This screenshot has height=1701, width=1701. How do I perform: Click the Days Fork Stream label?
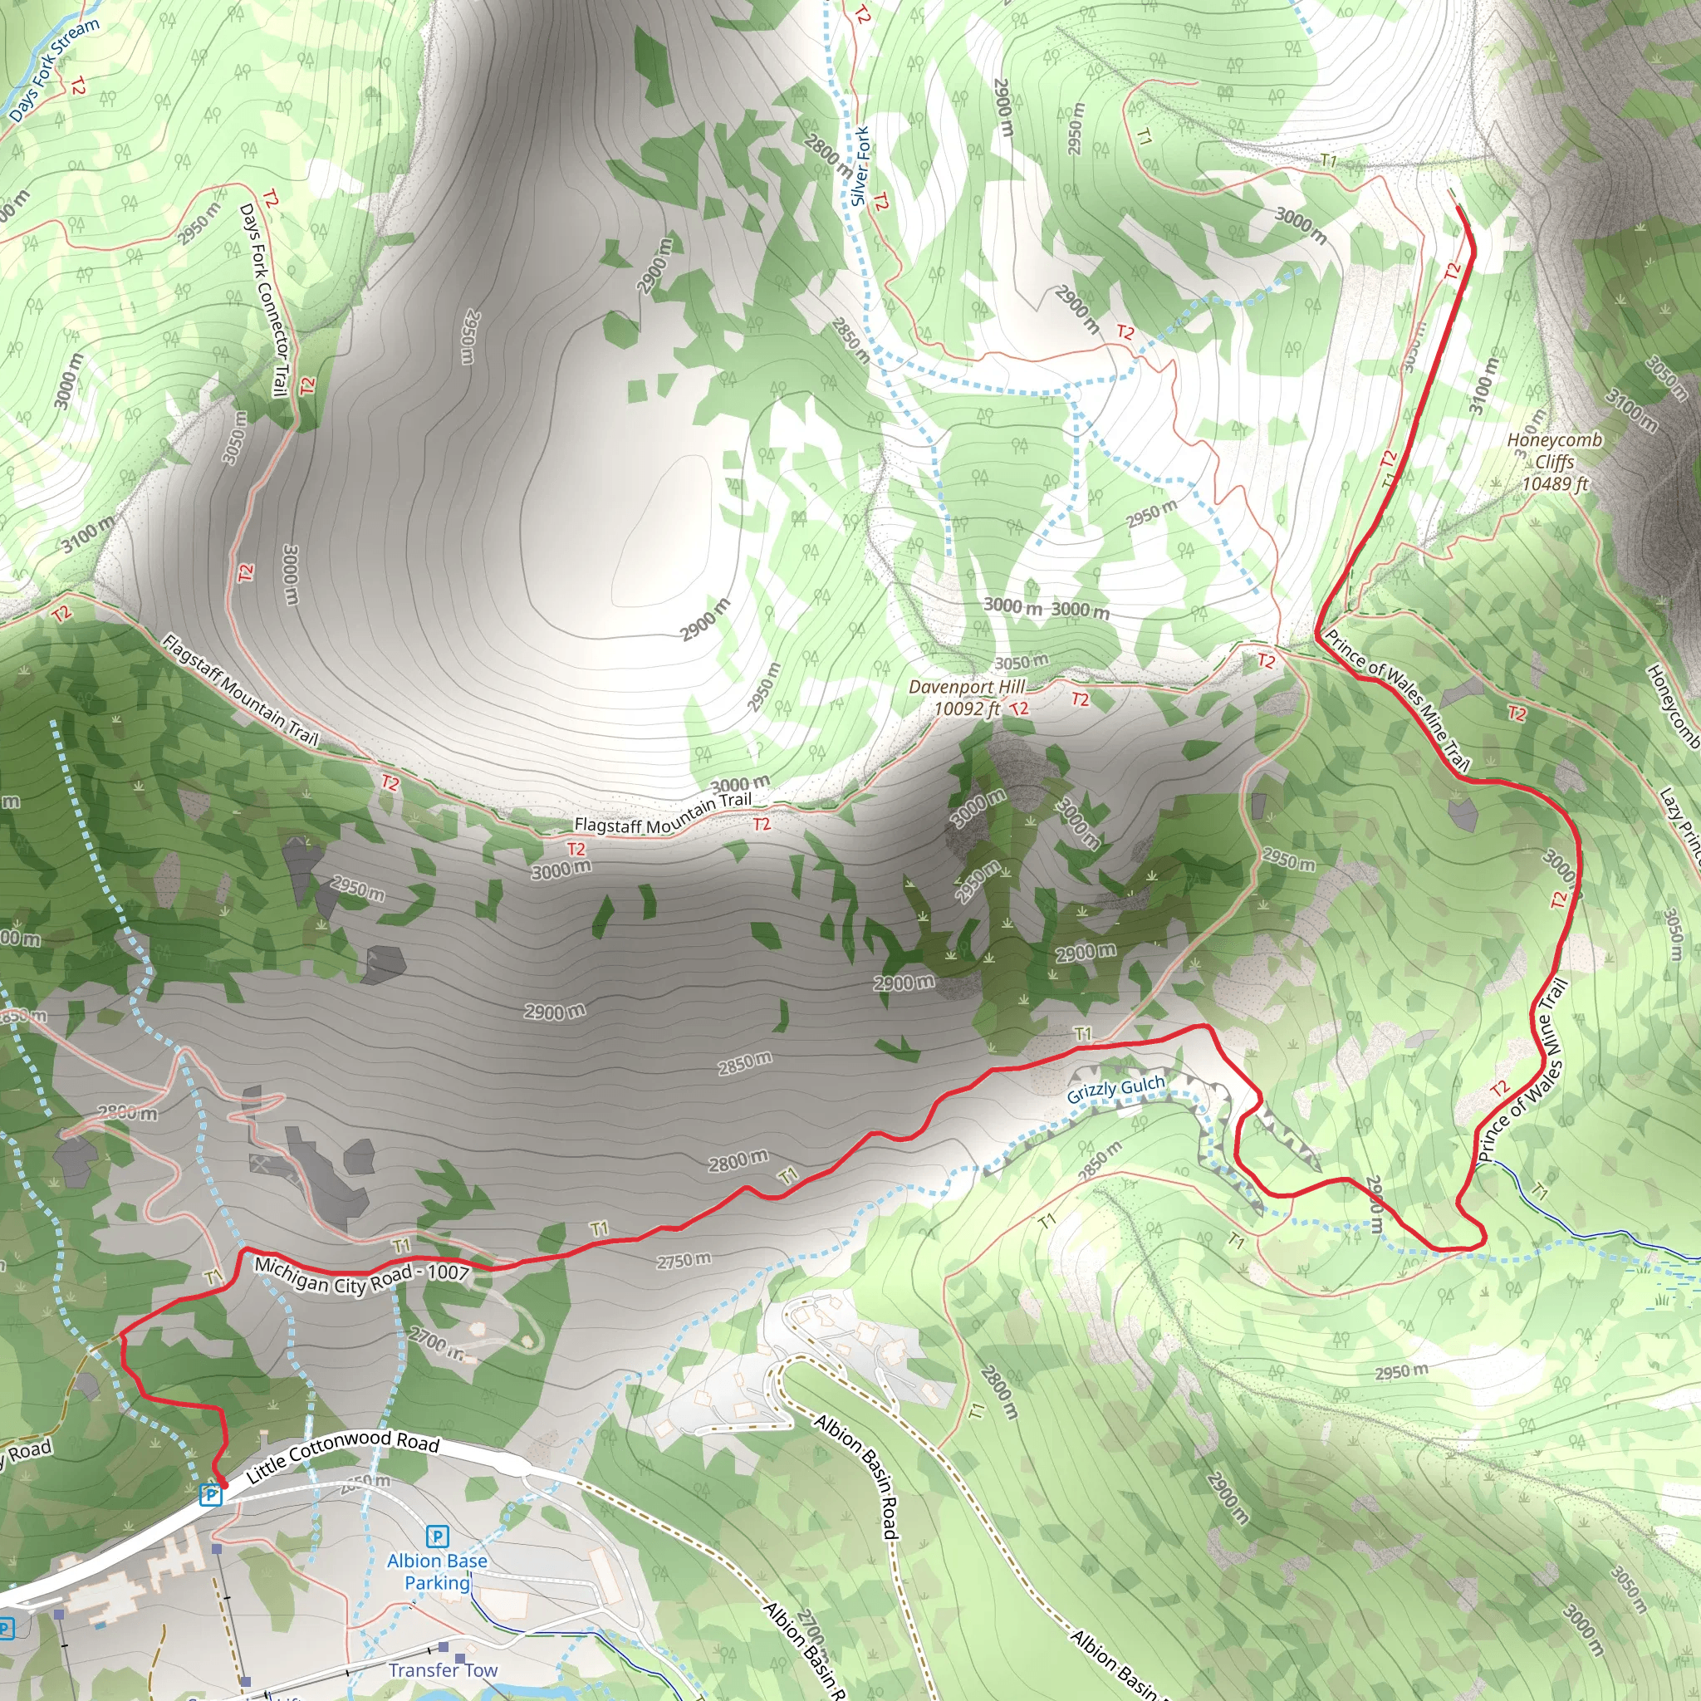pyautogui.click(x=55, y=69)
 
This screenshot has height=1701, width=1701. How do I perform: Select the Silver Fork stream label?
pyautogui.click(x=860, y=166)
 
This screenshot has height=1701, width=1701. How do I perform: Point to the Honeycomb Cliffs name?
pyautogui.click(x=1555, y=450)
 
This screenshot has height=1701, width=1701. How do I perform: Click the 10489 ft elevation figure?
pyautogui.click(x=1556, y=483)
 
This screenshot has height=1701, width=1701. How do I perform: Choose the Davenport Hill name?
pyautogui.click(x=967, y=687)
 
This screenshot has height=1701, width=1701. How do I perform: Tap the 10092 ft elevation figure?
pyautogui.click(x=967, y=708)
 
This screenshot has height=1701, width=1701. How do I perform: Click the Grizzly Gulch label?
pyautogui.click(x=1115, y=1089)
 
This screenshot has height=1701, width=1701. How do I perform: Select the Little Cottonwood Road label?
pyautogui.click(x=342, y=1456)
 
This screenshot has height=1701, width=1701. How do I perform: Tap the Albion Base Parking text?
pyautogui.click(x=437, y=1571)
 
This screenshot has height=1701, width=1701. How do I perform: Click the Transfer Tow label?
pyautogui.click(x=443, y=1669)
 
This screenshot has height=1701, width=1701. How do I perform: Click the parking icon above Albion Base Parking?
pyautogui.click(x=437, y=1537)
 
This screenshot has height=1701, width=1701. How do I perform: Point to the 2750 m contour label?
pyautogui.click(x=684, y=1261)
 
